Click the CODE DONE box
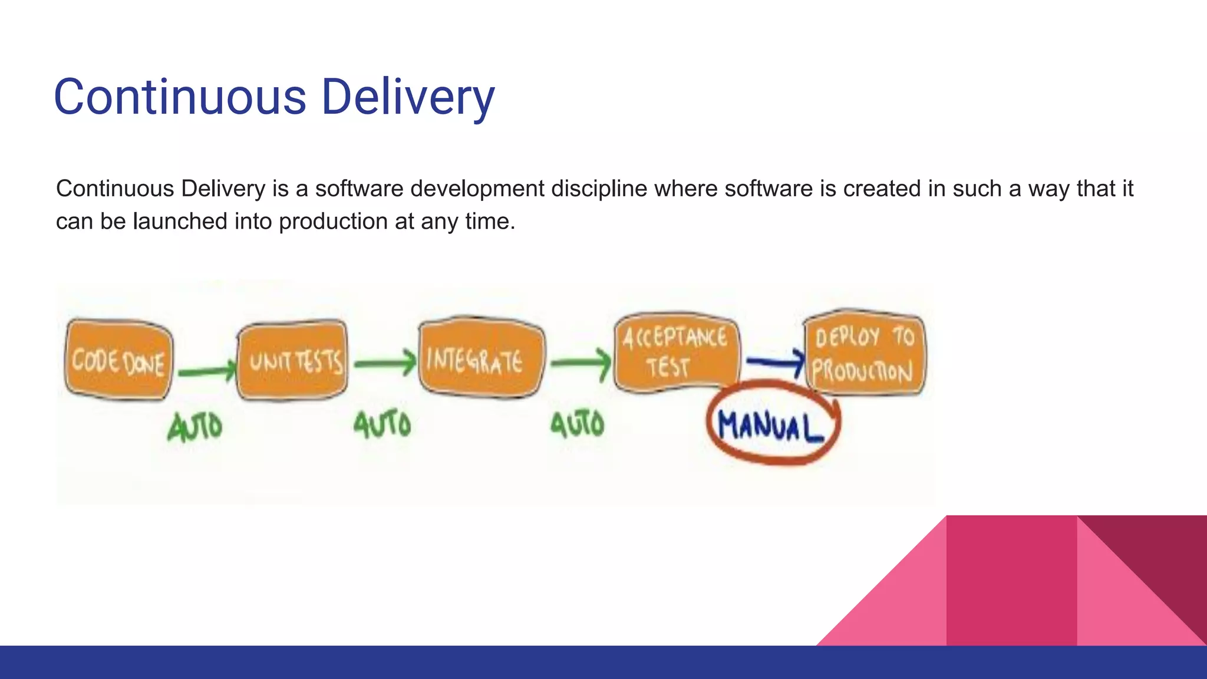click(x=118, y=360)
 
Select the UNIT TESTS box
click(x=292, y=361)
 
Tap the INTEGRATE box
click(x=481, y=358)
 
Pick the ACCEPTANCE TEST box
click(x=676, y=352)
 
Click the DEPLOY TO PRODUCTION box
click(x=865, y=352)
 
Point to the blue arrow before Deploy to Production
click(x=774, y=361)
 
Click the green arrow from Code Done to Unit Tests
click(x=206, y=371)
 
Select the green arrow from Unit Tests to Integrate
click(x=385, y=363)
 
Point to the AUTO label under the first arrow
click(x=195, y=427)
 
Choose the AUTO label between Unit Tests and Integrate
click(x=382, y=424)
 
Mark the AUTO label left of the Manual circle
click(x=578, y=424)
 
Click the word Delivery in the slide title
click(x=408, y=97)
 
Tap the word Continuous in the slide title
click(x=180, y=97)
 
